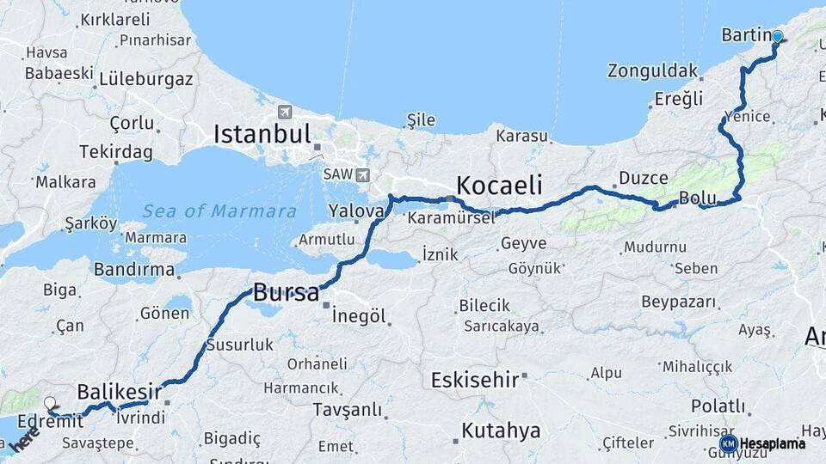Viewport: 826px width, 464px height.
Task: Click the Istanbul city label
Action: (x=262, y=134)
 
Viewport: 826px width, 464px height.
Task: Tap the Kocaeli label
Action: (x=499, y=185)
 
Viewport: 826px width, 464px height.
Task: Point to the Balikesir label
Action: (x=119, y=391)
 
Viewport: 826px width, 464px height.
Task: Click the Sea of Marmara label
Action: (x=219, y=211)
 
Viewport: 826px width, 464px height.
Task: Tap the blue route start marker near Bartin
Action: (x=778, y=37)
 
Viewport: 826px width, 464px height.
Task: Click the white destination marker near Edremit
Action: (x=50, y=402)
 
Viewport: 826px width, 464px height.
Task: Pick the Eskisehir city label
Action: (x=475, y=379)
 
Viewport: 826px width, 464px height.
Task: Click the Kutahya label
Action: (x=501, y=430)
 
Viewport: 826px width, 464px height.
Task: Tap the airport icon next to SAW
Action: (x=362, y=174)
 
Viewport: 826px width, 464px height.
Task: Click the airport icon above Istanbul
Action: (x=285, y=112)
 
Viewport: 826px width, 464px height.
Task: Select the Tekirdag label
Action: (x=115, y=152)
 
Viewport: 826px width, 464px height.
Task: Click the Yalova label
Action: (x=355, y=211)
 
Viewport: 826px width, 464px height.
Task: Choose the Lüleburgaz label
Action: (x=146, y=79)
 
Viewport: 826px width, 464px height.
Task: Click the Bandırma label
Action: (x=133, y=270)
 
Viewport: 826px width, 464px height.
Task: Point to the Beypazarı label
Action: (x=679, y=302)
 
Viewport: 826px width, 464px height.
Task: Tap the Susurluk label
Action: (x=239, y=345)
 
